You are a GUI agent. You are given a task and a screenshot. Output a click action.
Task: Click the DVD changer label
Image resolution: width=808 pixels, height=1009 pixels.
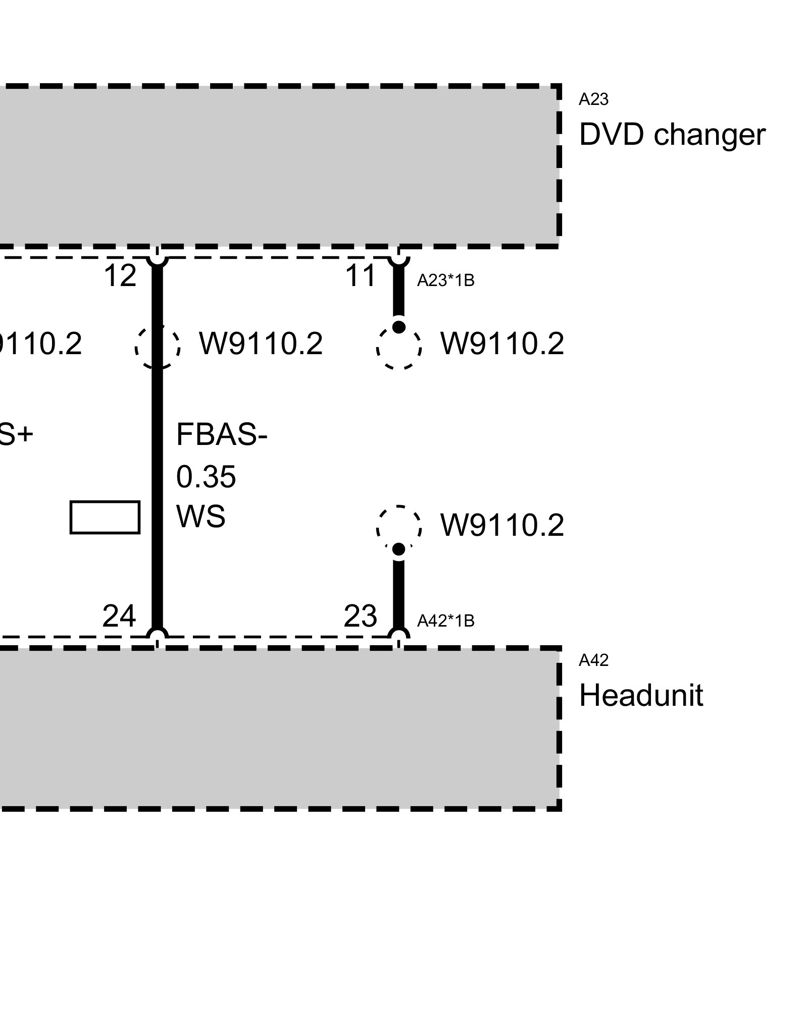point(672,135)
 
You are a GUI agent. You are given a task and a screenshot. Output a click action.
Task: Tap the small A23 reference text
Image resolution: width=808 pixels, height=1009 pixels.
point(593,100)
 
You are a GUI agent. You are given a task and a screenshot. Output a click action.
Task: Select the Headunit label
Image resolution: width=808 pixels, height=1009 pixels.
point(641,696)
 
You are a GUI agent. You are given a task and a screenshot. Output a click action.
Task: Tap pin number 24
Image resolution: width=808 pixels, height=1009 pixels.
point(119,616)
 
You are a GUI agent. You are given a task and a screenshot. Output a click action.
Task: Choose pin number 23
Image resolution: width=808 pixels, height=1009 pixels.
point(360,616)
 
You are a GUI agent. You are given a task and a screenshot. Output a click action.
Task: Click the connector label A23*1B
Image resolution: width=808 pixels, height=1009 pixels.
point(445,281)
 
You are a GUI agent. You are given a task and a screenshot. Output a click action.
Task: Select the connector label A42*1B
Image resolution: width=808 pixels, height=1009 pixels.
point(445,621)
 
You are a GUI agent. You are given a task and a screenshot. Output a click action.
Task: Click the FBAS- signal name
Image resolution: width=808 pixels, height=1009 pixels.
point(221,435)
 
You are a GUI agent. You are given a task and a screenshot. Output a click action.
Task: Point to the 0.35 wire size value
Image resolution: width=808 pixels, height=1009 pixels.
point(206,476)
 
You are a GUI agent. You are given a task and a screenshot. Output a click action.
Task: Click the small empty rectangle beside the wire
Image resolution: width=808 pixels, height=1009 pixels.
point(105,517)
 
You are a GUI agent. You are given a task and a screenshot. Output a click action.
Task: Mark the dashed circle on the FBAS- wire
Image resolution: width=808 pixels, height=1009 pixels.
point(157,347)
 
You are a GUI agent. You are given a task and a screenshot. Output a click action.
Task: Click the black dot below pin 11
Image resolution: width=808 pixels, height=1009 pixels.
point(399,327)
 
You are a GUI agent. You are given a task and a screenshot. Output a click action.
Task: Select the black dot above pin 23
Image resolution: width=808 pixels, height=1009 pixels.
point(399,549)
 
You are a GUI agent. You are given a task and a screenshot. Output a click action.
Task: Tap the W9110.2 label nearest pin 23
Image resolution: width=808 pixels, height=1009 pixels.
point(502,526)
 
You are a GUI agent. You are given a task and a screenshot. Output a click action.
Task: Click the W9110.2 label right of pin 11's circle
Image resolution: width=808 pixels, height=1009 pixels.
point(502,344)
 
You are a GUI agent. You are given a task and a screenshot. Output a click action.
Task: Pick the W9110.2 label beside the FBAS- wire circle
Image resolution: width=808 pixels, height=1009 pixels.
point(261,344)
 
